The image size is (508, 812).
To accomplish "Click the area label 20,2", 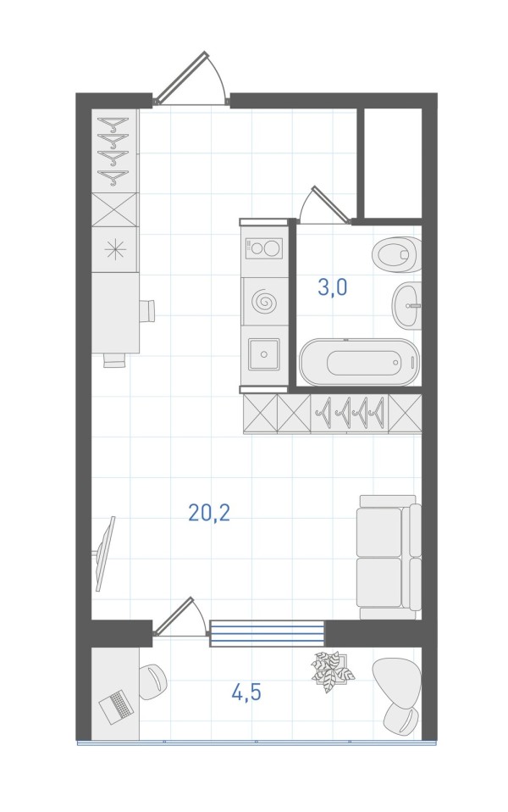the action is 209,513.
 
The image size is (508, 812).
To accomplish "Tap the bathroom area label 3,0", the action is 332,287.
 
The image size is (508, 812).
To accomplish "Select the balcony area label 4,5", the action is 246,692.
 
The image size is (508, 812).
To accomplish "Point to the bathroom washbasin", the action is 406,305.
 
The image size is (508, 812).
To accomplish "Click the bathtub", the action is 359,362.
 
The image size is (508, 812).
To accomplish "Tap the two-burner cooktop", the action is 264,248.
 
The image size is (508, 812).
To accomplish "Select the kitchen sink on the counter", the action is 264,354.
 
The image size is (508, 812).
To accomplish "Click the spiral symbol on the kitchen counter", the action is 264,301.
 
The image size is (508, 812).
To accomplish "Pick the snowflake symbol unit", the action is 115,250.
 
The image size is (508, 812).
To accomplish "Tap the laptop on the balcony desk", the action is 115,707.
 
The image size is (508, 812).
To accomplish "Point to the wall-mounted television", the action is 105,553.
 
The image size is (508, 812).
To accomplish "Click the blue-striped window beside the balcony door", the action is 267,633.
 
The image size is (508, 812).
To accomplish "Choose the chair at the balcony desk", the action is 152,682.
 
